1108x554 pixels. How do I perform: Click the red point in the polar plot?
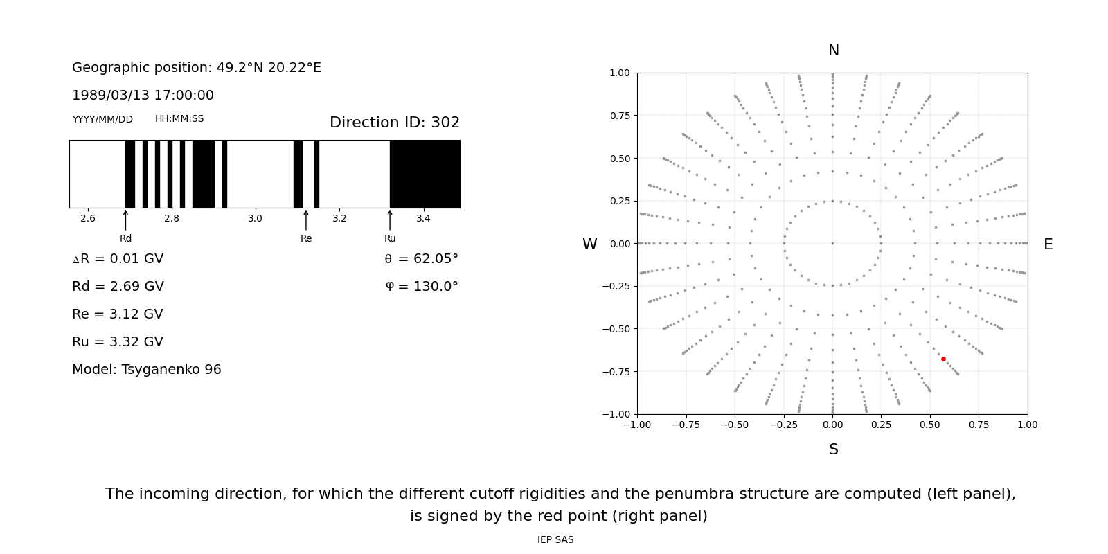pyautogui.click(x=943, y=359)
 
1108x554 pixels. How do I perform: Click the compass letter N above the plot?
pyautogui.click(x=833, y=51)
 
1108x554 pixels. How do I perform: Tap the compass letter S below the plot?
pyautogui.click(x=833, y=449)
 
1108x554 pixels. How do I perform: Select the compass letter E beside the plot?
pyautogui.click(x=1048, y=244)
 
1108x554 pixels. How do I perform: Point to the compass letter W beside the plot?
pyautogui.click(x=589, y=244)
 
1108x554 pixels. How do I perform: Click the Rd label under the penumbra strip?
pyautogui.click(x=125, y=238)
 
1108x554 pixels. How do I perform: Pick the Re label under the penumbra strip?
pyautogui.click(x=306, y=238)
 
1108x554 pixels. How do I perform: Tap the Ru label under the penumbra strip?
pyautogui.click(x=390, y=238)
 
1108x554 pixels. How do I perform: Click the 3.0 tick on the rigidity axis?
pyautogui.click(x=255, y=218)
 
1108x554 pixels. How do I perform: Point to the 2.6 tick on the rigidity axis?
pyautogui.click(x=88, y=218)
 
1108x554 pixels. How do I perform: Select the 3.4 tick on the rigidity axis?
pyautogui.click(x=423, y=218)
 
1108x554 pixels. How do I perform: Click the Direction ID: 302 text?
pyautogui.click(x=394, y=123)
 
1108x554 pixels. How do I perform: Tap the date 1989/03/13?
pyautogui.click(x=108, y=96)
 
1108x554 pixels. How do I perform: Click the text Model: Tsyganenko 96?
pyautogui.click(x=146, y=370)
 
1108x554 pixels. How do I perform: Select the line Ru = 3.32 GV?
pyautogui.click(x=118, y=342)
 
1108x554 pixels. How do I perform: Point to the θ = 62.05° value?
pyautogui.click(x=421, y=259)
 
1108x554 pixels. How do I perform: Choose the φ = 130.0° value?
pyautogui.click(x=421, y=287)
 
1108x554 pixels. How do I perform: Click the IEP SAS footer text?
pyautogui.click(x=555, y=539)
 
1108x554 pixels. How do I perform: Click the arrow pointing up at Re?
pyautogui.click(x=306, y=220)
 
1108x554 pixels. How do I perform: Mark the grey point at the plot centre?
pyautogui.click(x=832, y=243)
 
